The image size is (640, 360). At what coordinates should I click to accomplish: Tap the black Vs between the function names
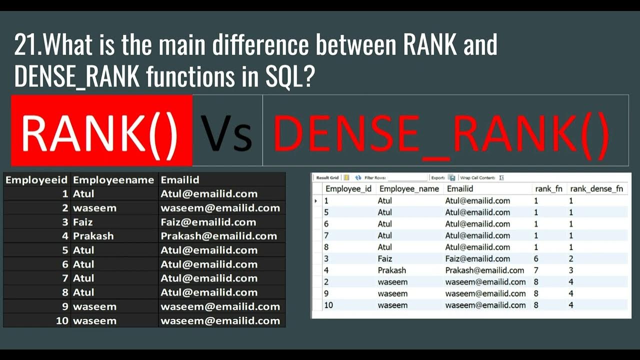[x=226, y=133]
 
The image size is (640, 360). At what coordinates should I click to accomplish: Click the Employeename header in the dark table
[x=113, y=180]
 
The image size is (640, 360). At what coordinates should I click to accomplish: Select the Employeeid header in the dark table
[x=36, y=180]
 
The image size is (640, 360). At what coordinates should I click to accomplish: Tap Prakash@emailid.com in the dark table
[x=218, y=236]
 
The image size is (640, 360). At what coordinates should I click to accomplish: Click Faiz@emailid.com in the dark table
[x=208, y=222]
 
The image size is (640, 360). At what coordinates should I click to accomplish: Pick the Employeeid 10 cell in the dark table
[x=62, y=320]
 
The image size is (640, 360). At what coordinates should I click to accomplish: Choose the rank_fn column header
[x=548, y=188]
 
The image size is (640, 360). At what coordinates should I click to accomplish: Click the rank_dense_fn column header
[x=596, y=188]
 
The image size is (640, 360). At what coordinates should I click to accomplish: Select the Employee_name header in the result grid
[x=409, y=188]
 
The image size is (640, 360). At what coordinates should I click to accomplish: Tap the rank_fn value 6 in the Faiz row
[x=536, y=258]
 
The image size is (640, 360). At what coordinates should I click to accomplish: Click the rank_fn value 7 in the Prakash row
[x=536, y=270]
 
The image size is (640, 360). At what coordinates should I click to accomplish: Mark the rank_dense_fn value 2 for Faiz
[x=571, y=258]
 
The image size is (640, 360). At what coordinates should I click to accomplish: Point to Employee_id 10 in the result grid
[x=328, y=305]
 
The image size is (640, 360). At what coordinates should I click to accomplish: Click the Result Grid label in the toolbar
[x=327, y=177]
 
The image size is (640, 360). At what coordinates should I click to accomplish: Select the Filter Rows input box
[x=407, y=177]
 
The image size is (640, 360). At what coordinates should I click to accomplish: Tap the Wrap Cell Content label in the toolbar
[x=477, y=177]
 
